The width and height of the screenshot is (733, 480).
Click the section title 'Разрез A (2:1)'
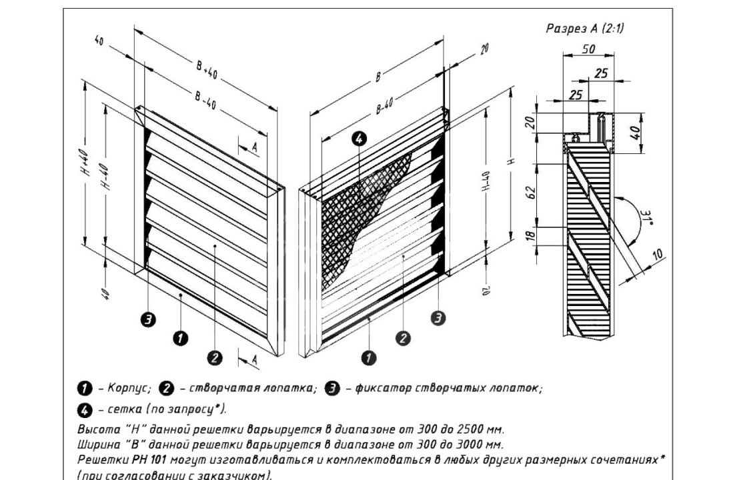tap(585, 29)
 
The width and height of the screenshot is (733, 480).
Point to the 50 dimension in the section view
tap(588, 49)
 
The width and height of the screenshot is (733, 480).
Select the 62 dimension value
tap(531, 193)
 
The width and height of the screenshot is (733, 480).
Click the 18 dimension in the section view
tap(531, 235)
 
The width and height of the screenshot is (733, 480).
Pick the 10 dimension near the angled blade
tap(657, 255)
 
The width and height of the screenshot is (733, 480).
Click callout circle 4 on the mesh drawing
tap(359, 139)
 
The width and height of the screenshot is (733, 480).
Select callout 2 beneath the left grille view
tap(215, 358)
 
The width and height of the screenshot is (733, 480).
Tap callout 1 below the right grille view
tap(369, 358)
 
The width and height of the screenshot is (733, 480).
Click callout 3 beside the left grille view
tap(148, 320)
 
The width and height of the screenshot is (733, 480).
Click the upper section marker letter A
tap(255, 147)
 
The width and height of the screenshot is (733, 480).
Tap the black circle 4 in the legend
tap(85, 410)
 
